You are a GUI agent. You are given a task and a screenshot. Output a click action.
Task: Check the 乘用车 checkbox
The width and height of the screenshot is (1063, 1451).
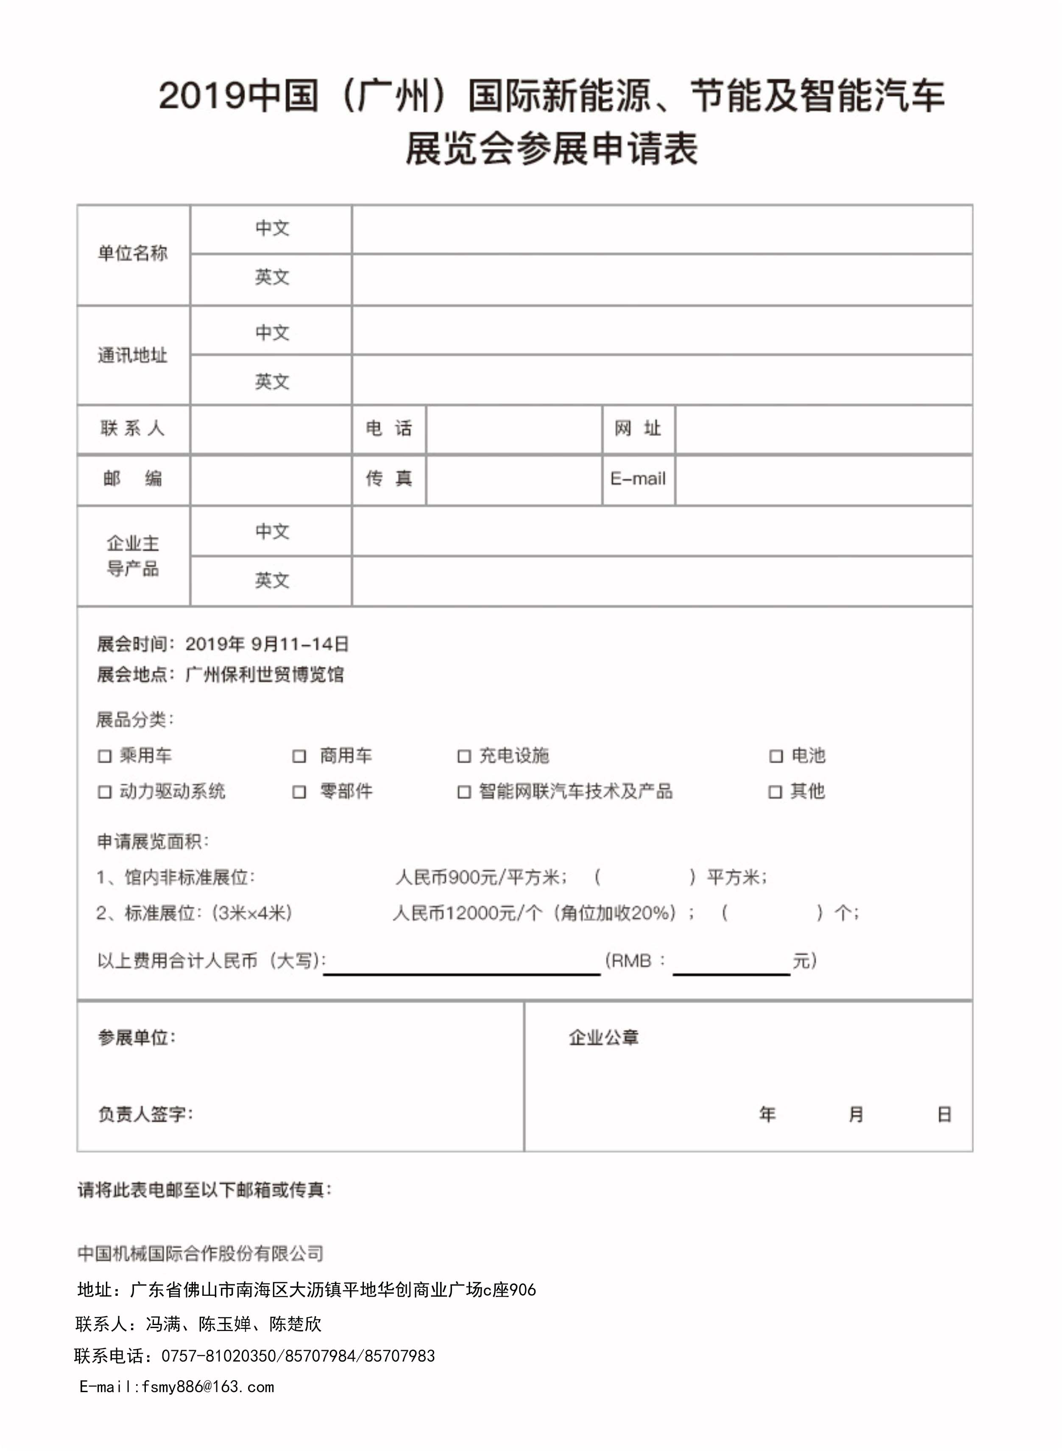(104, 756)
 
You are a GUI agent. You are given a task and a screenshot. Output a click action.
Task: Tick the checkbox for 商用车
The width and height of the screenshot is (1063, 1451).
(299, 756)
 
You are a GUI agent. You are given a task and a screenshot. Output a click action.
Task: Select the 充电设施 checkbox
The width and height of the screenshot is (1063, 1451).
(464, 756)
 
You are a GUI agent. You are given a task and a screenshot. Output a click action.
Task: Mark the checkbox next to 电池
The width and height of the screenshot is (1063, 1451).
(776, 756)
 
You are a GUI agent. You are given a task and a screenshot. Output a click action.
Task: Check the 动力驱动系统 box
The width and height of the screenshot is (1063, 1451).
(104, 792)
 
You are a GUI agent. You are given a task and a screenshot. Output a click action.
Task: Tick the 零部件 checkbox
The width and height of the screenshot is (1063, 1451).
(299, 792)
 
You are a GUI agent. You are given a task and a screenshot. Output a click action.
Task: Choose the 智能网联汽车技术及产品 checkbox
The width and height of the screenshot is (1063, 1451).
(464, 792)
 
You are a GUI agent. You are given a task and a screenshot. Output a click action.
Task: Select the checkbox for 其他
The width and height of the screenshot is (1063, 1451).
(776, 792)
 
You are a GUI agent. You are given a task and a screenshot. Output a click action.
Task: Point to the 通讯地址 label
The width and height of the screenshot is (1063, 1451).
(133, 355)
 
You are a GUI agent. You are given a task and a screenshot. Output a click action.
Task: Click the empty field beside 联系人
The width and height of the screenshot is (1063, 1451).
(270, 429)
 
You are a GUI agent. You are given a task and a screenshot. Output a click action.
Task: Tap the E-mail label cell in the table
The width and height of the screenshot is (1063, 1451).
(638, 479)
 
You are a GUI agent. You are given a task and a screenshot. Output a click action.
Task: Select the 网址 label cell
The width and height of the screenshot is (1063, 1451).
(638, 429)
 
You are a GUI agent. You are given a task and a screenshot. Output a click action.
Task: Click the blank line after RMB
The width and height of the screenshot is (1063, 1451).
(731, 963)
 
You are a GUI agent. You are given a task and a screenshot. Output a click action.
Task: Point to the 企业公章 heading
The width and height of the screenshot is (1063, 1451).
(603, 1037)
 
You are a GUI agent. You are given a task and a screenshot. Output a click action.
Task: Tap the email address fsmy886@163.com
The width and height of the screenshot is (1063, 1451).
(208, 1387)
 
